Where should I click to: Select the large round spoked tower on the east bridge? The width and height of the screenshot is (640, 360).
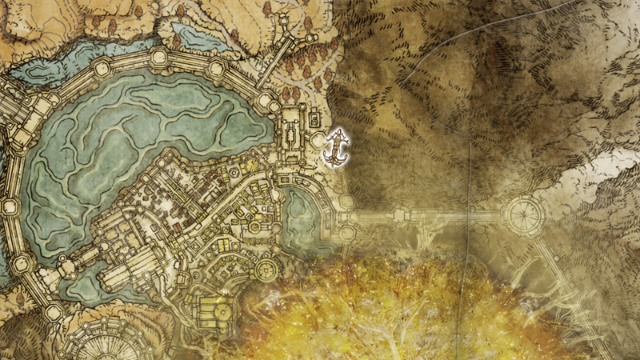[524, 214]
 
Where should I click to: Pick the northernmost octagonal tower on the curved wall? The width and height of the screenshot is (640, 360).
[159, 57]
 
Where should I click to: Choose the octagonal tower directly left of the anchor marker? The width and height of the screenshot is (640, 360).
[319, 143]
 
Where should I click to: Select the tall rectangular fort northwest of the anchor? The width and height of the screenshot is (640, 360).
[290, 132]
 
